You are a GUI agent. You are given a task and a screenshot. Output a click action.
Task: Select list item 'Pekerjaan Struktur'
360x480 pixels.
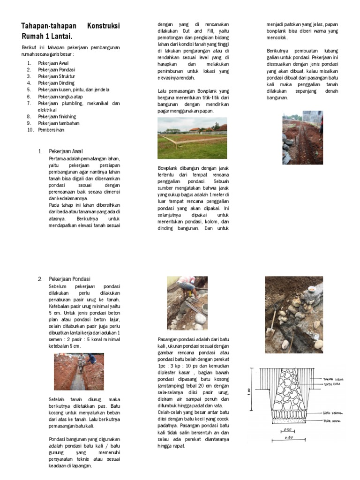56,76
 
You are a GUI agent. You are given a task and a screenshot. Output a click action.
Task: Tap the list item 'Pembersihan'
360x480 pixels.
51,130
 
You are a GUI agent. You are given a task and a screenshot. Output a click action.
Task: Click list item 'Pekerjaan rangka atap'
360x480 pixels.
60,96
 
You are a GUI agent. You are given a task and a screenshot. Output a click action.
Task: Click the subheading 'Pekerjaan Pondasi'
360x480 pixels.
69,279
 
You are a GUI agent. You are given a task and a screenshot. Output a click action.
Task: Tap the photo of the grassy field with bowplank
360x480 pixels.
192,138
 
